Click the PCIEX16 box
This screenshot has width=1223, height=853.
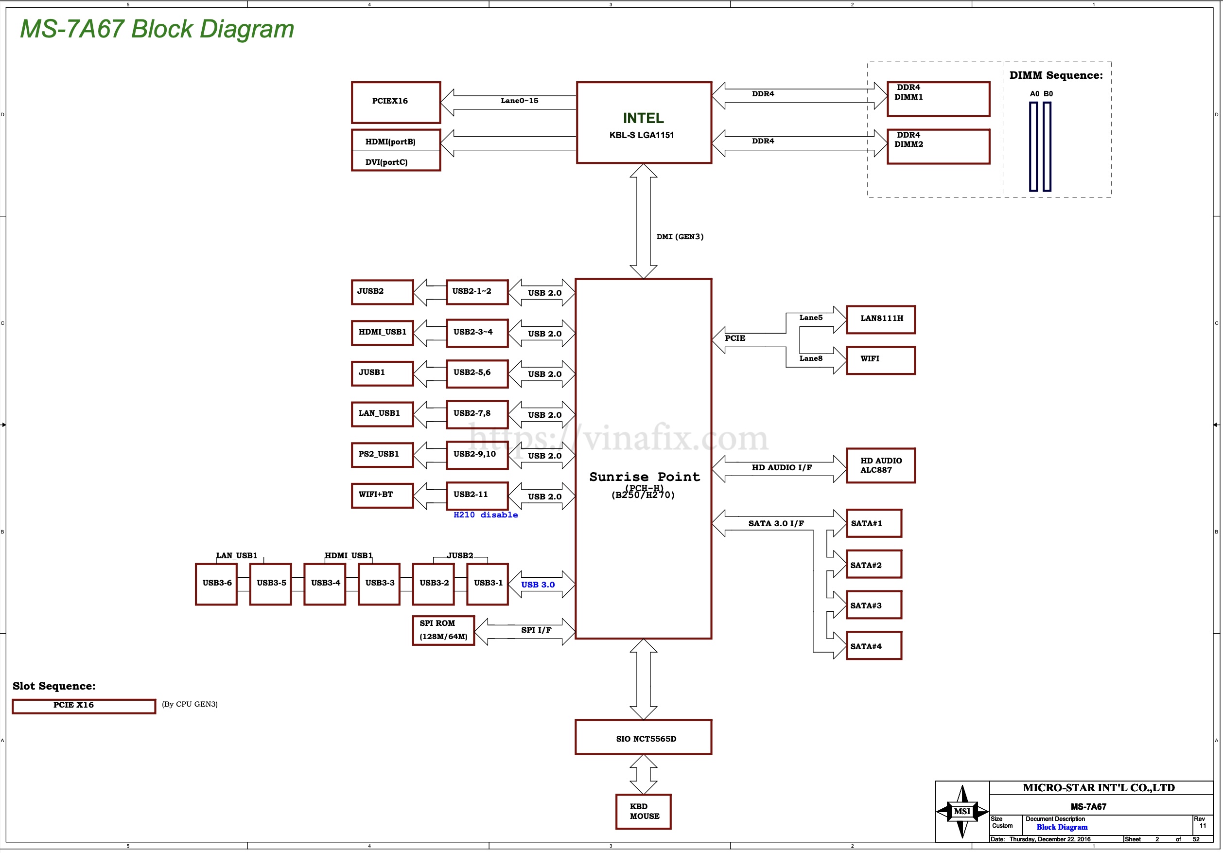[x=396, y=102]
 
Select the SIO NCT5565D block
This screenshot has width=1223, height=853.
[x=643, y=737]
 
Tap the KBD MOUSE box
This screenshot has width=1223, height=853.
[x=643, y=812]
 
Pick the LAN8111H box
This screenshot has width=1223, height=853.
[x=880, y=319]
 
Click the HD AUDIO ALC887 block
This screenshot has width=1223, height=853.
[x=880, y=465]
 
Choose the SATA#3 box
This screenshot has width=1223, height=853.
[x=874, y=604]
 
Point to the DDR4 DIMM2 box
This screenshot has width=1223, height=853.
[x=938, y=146]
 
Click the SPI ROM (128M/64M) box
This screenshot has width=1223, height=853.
[x=443, y=630]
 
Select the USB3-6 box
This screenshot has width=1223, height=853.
[x=216, y=584]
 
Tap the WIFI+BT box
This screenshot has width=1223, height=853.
[x=382, y=495]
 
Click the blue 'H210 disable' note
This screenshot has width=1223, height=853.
[x=485, y=515]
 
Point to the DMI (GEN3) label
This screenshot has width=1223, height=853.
[x=680, y=236]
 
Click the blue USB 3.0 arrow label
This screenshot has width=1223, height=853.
[x=538, y=585]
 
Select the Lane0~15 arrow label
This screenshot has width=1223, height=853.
[x=519, y=101]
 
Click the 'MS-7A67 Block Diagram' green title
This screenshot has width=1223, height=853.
[x=157, y=29]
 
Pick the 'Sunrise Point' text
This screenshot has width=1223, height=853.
[x=644, y=477]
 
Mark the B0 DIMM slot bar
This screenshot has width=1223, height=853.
[x=1047, y=146]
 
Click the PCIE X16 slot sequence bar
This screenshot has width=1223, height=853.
[x=84, y=706]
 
